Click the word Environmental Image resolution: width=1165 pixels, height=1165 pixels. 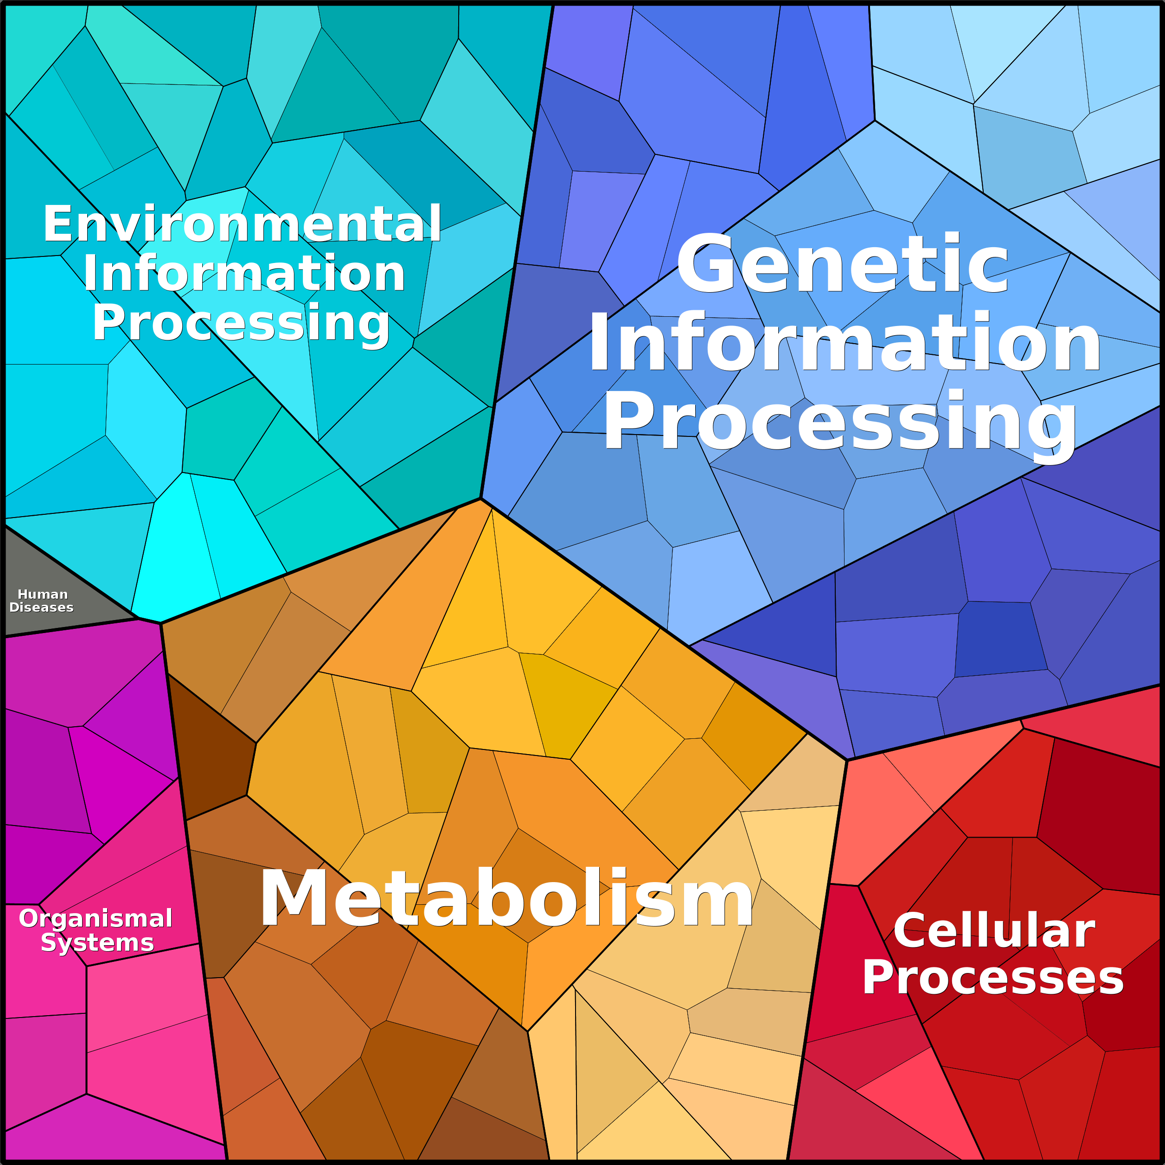(242, 224)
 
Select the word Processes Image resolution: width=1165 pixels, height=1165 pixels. (993, 978)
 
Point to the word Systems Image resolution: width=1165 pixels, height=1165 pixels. (97, 942)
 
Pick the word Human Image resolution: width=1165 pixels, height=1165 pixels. (43, 594)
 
